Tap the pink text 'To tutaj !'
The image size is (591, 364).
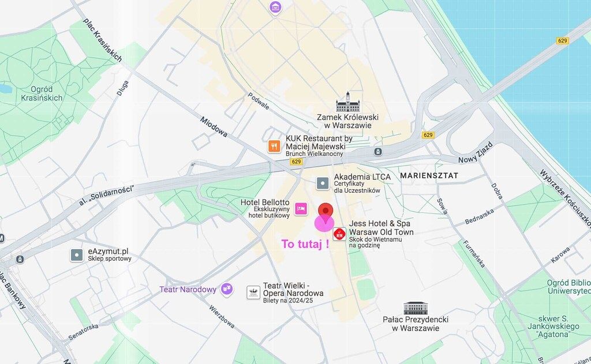click(x=305, y=243)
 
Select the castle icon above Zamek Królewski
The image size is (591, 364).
click(x=347, y=102)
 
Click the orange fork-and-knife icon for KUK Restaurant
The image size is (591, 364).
click(x=275, y=147)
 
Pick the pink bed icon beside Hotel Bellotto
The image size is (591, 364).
click(x=301, y=208)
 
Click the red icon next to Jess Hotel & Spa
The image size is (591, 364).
click(x=339, y=234)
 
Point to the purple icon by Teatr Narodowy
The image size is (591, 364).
click(x=227, y=288)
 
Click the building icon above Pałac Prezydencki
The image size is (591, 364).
click(x=416, y=307)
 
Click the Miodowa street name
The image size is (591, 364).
click(x=214, y=130)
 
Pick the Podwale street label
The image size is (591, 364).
click(x=259, y=101)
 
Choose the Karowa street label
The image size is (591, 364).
click(x=560, y=254)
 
